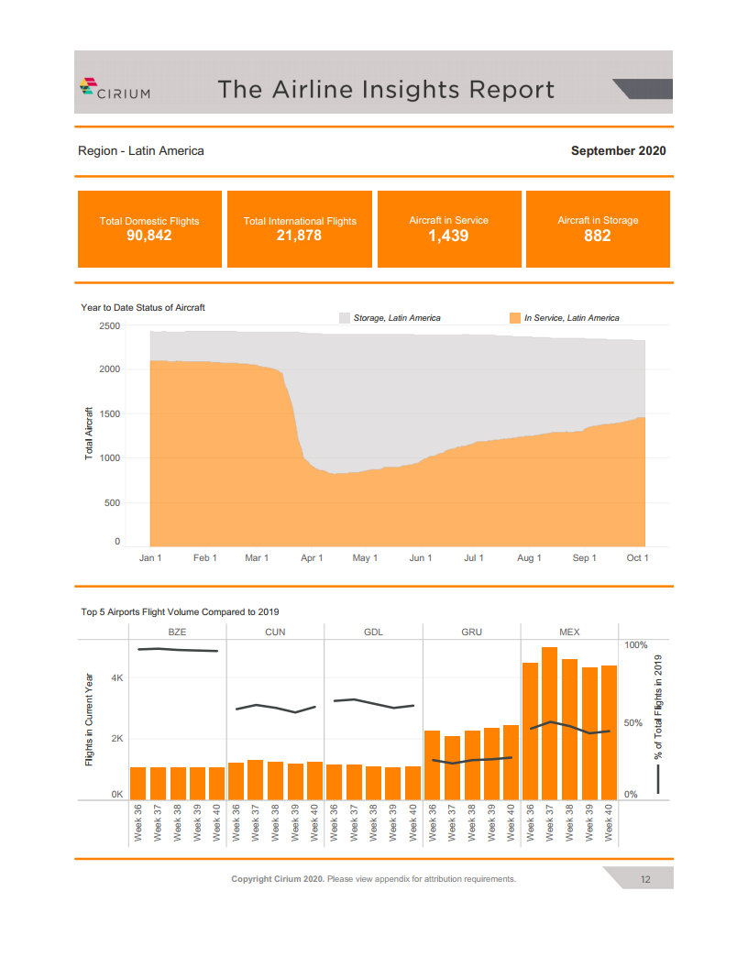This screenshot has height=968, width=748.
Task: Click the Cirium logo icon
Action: (x=88, y=87)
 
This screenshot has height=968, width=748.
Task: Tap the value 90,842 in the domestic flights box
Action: (x=149, y=236)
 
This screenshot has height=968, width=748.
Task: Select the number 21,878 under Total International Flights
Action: (x=299, y=236)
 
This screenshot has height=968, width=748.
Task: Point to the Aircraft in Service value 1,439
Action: (x=448, y=236)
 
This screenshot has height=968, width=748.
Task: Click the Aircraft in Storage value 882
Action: (x=598, y=236)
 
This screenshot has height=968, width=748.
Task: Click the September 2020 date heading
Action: (x=618, y=150)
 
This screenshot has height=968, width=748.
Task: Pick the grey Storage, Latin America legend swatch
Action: (x=345, y=318)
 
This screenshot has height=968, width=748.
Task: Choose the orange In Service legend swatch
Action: (x=514, y=318)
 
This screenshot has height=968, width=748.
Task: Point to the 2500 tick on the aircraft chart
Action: (x=109, y=325)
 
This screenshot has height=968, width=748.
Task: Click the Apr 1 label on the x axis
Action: (x=312, y=558)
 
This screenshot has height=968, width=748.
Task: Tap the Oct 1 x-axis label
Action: (x=637, y=558)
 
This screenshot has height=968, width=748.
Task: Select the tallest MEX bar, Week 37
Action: (x=549, y=723)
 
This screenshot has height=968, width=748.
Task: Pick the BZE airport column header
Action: (x=177, y=632)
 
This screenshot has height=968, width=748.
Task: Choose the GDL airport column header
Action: (x=373, y=632)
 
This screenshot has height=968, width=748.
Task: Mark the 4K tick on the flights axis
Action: (x=117, y=678)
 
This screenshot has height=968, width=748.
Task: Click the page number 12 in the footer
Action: (x=645, y=880)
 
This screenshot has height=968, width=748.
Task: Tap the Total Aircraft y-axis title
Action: (x=90, y=433)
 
